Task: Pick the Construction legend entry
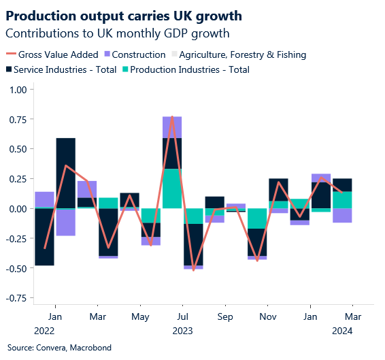point(139,54)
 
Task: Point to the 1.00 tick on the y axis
point(18,90)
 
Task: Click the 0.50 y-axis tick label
point(18,149)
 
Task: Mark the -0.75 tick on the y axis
point(16,298)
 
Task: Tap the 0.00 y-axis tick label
point(18,209)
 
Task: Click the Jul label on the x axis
point(182,317)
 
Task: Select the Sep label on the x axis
point(225,317)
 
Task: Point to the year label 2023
point(182,331)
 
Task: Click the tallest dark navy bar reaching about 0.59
point(65,173)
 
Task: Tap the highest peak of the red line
point(172,117)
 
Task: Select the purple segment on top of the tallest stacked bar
point(172,127)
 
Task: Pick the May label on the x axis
point(140,317)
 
